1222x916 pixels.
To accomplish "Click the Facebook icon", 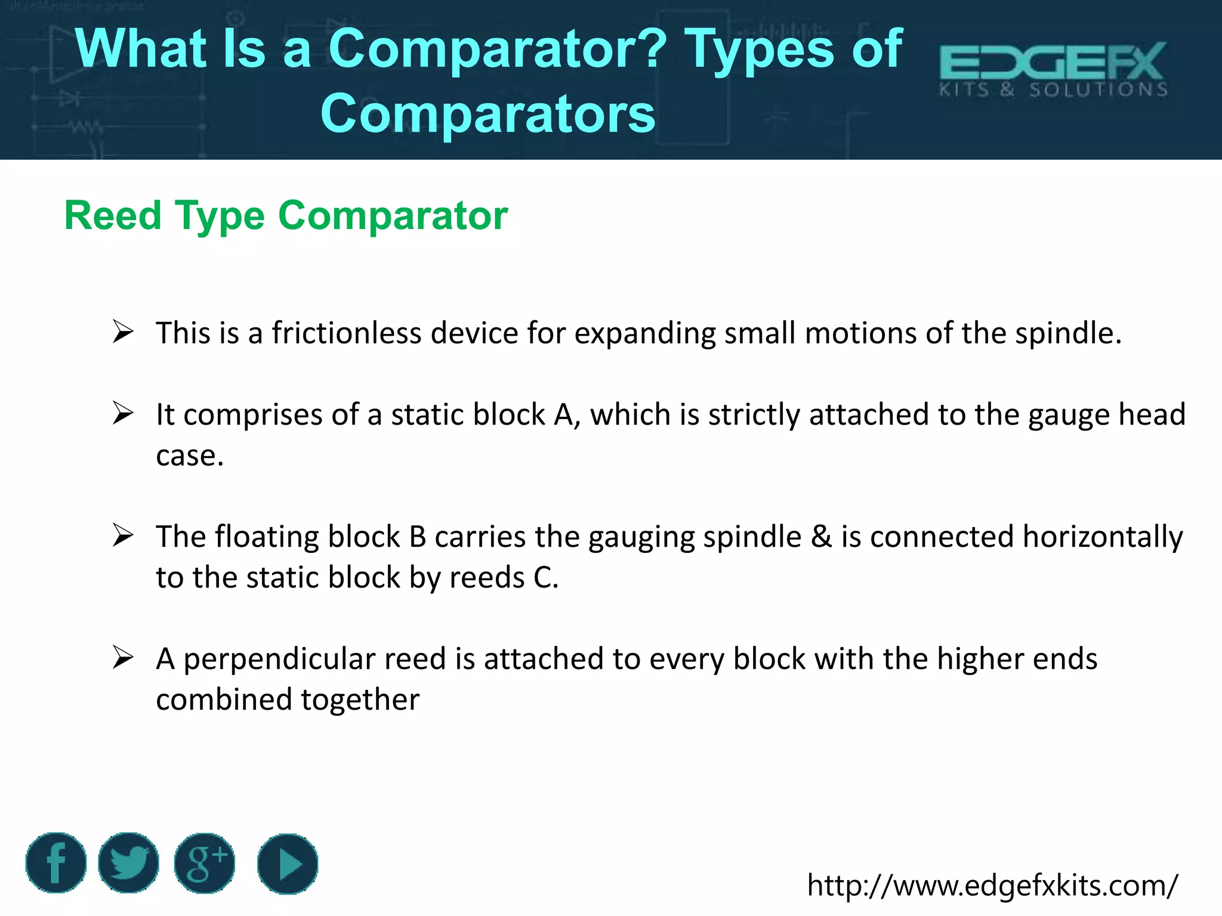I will [x=56, y=863].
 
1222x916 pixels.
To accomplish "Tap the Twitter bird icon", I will [x=128, y=863].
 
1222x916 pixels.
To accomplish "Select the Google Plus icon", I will [x=205, y=863].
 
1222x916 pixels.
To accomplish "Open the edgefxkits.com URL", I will [x=992, y=885].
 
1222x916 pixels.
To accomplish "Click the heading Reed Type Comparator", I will [x=286, y=215].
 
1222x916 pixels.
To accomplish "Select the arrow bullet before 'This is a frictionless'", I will [x=123, y=332].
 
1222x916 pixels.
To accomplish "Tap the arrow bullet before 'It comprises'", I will [x=123, y=413].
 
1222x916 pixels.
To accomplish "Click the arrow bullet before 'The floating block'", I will [x=123, y=536].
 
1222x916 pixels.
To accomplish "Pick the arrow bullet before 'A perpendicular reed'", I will [x=123, y=658].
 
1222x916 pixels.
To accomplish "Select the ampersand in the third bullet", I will [x=821, y=536].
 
